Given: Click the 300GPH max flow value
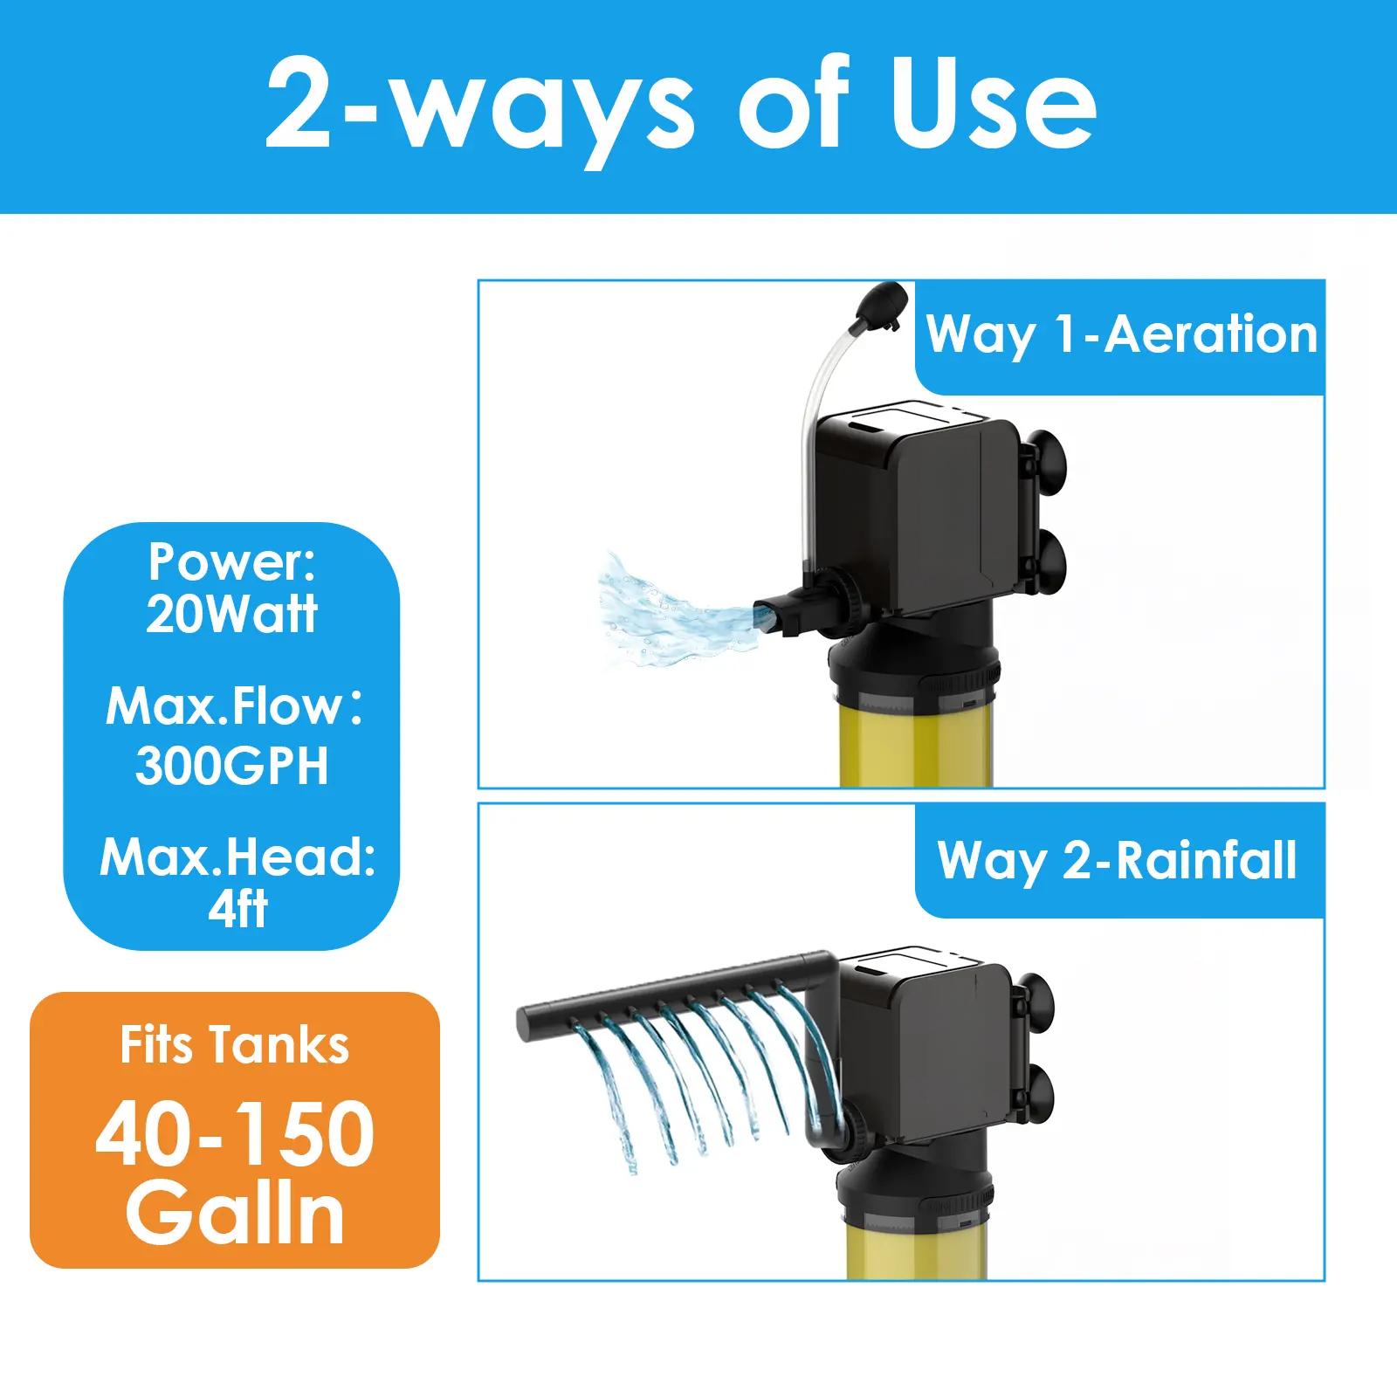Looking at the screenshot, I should (x=231, y=766).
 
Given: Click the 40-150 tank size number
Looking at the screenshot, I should (x=235, y=1134).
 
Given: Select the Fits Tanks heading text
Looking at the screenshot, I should (x=235, y=1045).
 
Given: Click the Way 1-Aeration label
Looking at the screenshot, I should (x=1121, y=334).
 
